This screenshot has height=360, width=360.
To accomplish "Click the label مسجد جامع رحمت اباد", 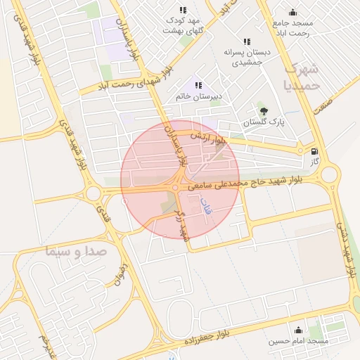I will coord(293,28).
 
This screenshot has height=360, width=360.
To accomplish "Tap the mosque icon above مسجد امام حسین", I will coord(298,330).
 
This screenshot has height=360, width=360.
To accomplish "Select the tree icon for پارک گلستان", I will coord(264,110).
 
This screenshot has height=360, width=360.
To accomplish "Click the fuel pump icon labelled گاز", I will coord(314,150).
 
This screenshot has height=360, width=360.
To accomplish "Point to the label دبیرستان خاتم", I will coord(198,96).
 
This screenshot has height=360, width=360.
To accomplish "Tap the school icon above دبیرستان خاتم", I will coord(198,84).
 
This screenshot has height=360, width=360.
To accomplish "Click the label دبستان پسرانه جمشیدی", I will coord(247,57).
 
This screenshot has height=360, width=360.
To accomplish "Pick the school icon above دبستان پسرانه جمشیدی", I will coord(247,41).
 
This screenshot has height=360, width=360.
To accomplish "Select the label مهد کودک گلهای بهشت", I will coord(183,25).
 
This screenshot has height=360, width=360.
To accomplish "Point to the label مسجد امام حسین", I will coord(298,341).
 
